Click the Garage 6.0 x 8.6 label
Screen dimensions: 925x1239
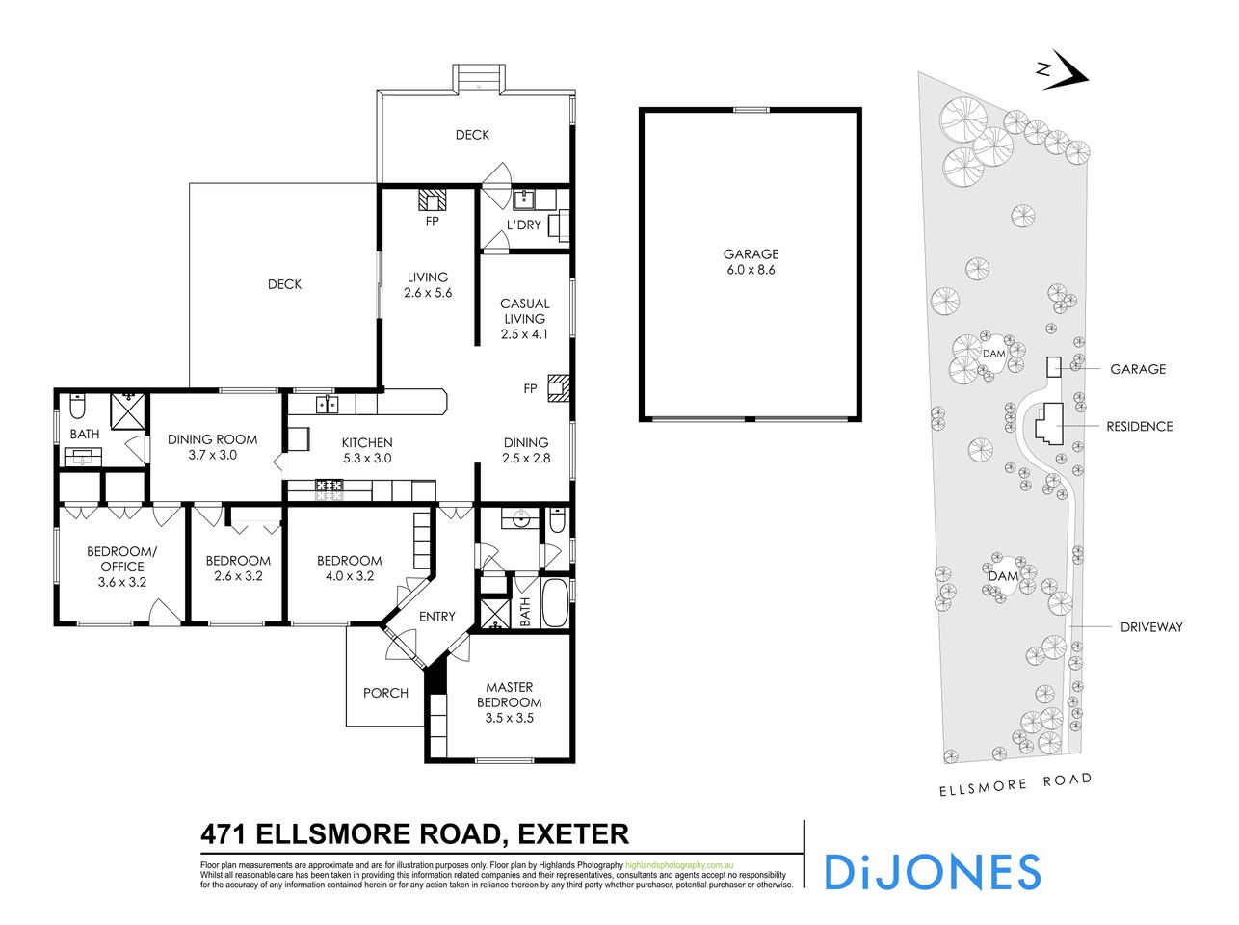click(750, 262)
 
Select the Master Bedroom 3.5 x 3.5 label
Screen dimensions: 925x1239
click(509, 702)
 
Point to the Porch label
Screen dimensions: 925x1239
click(385, 693)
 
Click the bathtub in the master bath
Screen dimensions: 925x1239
click(557, 603)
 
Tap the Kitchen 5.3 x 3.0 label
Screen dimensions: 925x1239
click(366, 450)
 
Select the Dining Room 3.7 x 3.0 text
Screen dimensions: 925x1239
click(214, 447)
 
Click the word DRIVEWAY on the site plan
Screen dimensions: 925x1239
click(1150, 627)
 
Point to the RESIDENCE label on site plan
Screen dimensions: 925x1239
click(1139, 426)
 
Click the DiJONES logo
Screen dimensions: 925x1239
click(932, 871)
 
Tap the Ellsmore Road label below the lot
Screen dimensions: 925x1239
click(1015, 782)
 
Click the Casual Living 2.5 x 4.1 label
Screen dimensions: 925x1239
click(524, 319)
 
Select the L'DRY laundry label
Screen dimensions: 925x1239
click(523, 225)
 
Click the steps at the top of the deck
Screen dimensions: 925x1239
click(479, 77)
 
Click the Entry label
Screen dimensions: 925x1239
click(436, 617)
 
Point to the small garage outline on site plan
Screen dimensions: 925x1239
click(1054, 367)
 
